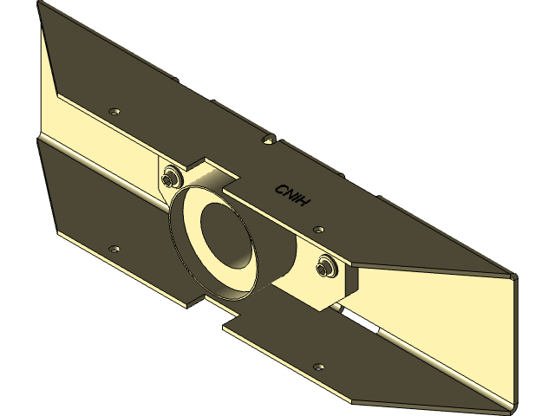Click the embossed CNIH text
292,196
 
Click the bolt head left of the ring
170,177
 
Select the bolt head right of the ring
326,268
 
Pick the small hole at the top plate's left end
114,112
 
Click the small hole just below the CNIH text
318,230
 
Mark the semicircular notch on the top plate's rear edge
270,139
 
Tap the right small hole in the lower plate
318,367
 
